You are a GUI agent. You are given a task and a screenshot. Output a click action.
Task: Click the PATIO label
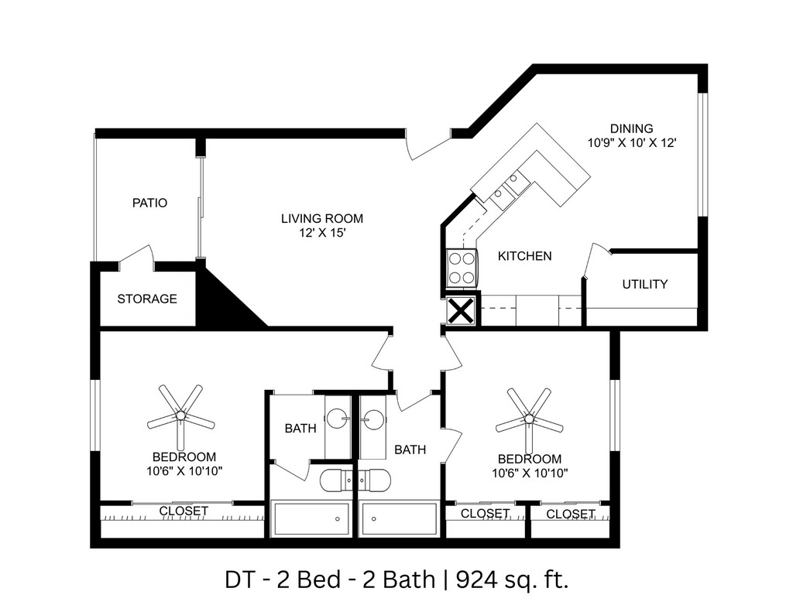(149, 203)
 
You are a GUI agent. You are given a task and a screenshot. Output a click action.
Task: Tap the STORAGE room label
(147, 299)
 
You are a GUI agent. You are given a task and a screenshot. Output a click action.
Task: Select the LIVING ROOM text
(321, 218)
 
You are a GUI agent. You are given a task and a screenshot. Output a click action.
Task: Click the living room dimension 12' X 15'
(321, 233)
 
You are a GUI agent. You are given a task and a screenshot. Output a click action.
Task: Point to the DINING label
(631, 128)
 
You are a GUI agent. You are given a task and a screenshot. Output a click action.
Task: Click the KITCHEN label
(524, 256)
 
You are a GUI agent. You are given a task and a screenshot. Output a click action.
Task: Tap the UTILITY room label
(644, 284)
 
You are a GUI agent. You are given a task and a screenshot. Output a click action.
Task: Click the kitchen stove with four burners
(461, 268)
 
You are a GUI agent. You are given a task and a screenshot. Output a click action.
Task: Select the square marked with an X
(462, 312)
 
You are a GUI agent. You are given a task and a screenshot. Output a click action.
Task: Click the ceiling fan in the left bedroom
(180, 415)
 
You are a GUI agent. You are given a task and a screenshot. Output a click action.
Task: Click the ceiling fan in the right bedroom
(530, 419)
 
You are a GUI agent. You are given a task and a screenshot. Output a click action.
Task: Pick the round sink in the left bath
(338, 419)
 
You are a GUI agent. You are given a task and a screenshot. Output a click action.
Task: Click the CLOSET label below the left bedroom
(184, 511)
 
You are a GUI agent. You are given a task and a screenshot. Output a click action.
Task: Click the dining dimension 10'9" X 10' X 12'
(632, 143)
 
